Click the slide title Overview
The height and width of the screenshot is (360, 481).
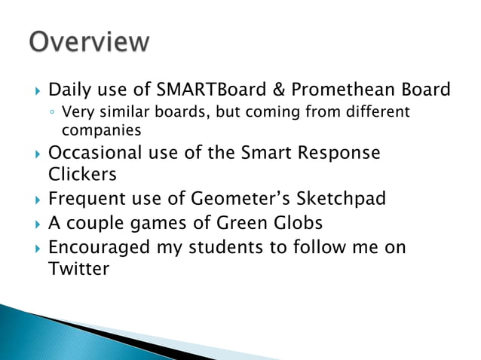click(x=89, y=41)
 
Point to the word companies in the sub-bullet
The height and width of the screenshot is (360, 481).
click(x=97, y=130)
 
